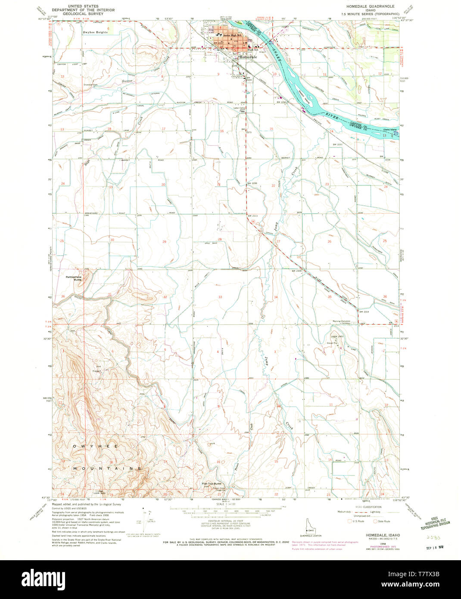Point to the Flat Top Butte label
coord(212,484)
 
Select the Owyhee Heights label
coord(95,32)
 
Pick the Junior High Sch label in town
coord(229,35)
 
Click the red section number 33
coord(220,297)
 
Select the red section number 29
coord(164,242)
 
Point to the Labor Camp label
coord(239,108)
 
